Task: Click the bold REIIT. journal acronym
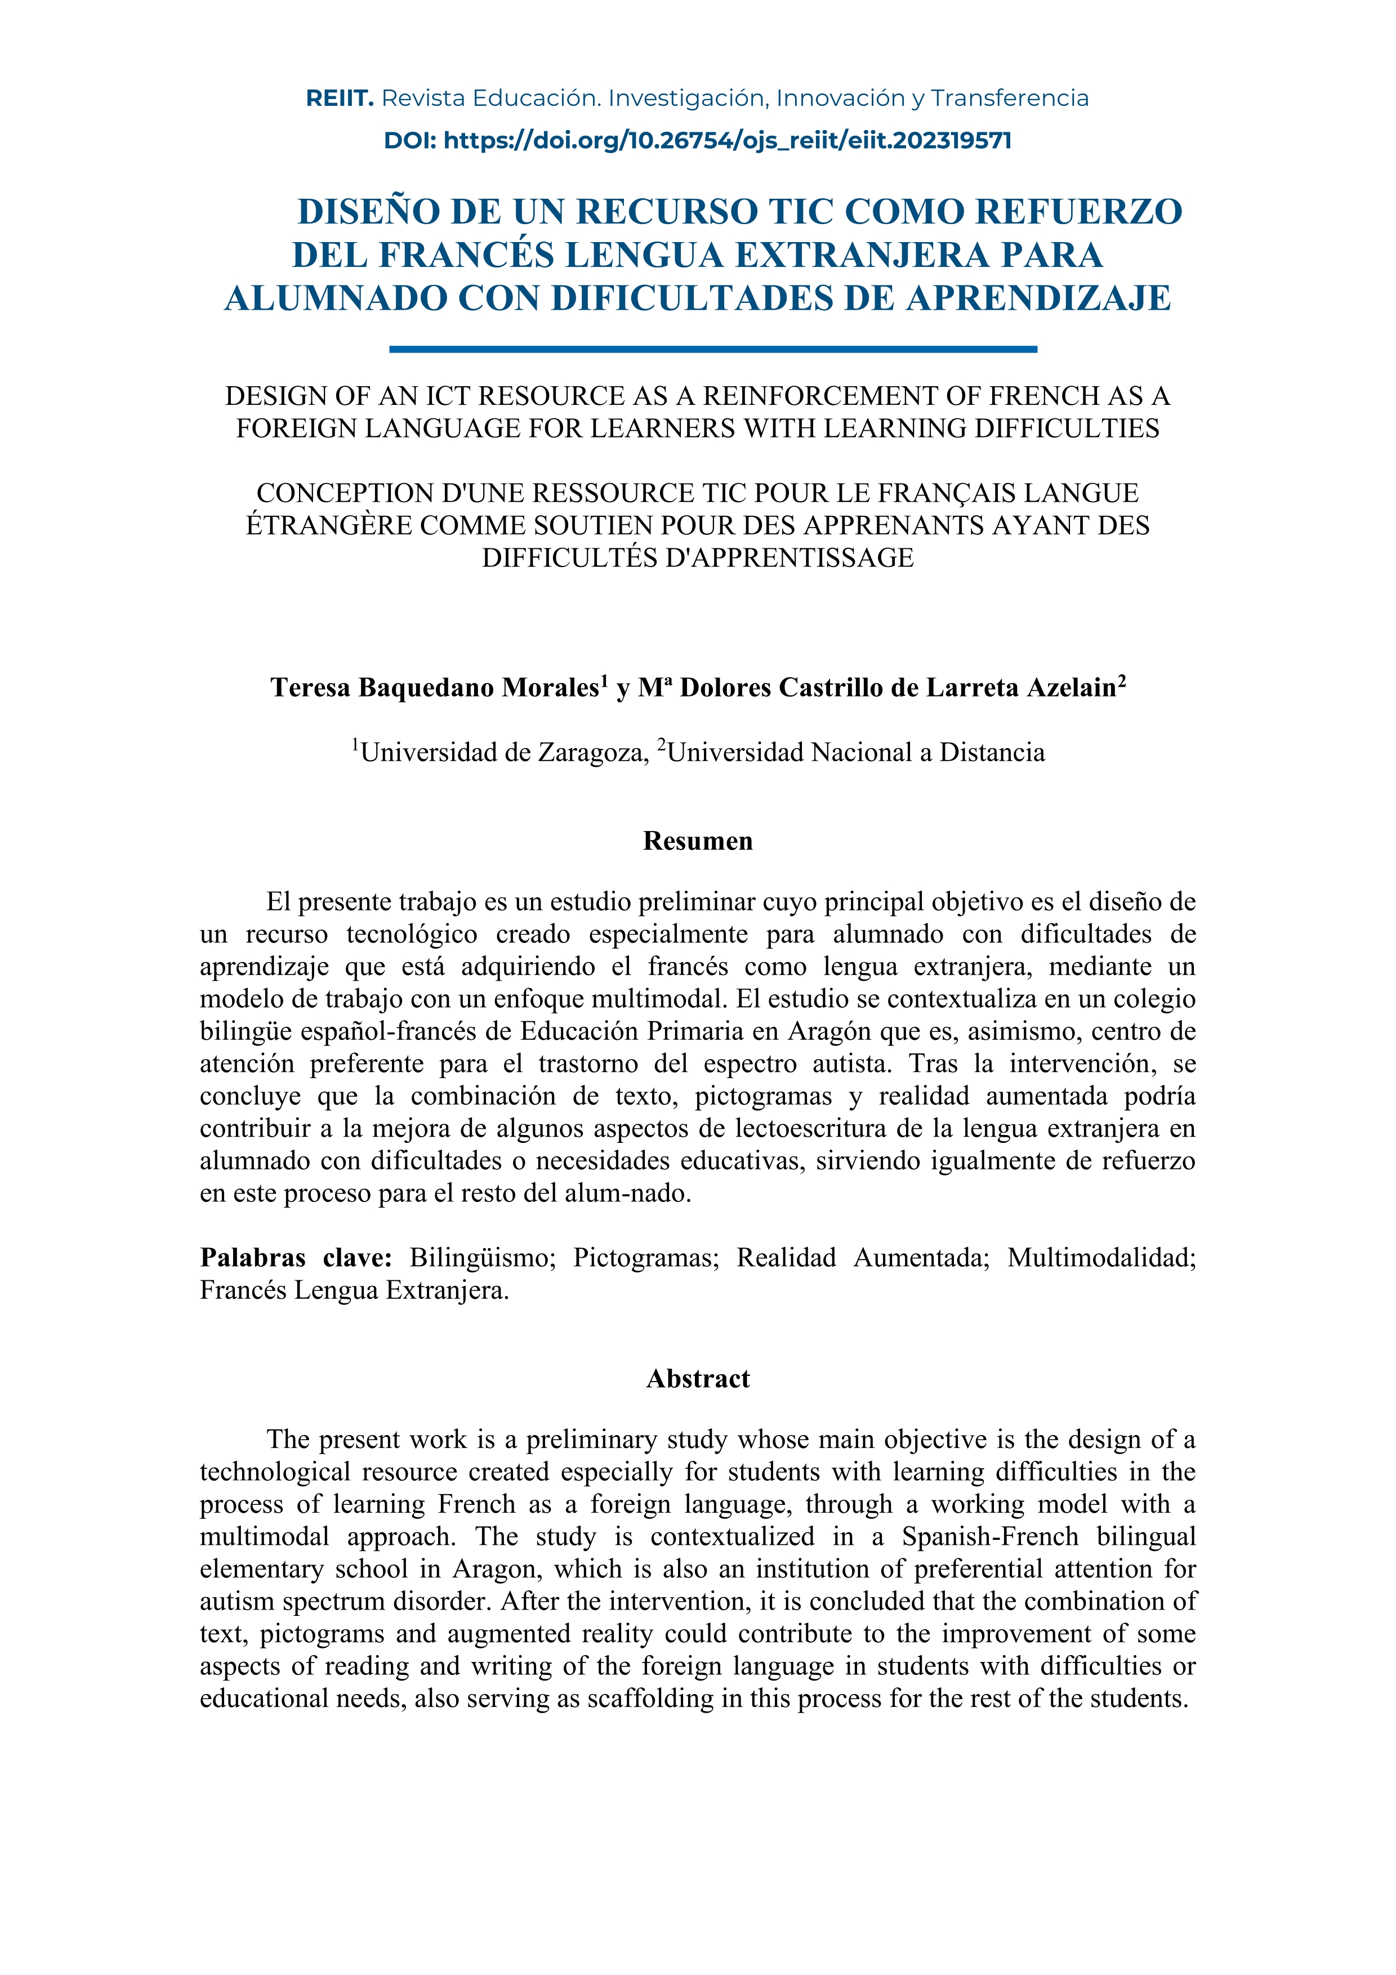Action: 339,99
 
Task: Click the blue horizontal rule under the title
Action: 713,349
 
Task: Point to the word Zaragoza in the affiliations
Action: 592,753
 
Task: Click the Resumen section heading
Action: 698,841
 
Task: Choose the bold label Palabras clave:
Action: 296,1258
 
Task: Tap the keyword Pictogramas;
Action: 646,1258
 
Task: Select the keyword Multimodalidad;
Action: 1102,1258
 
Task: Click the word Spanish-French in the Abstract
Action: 989,1536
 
